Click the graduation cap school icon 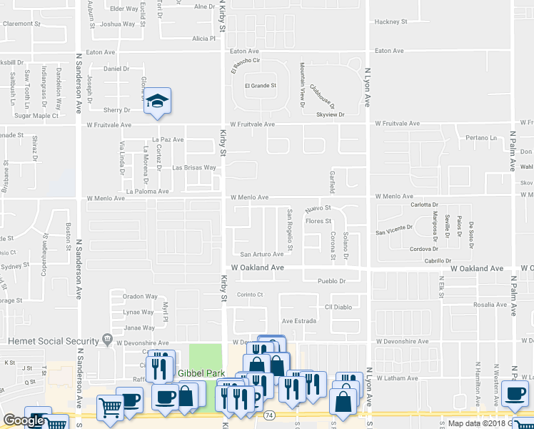pyautogui.click(x=158, y=101)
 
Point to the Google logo pyautogui.click(x=24, y=421)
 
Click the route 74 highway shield pyautogui.click(x=268, y=414)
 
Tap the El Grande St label pyautogui.click(x=261, y=86)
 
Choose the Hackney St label pyautogui.click(x=391, y=21)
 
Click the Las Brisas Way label pyautogui.click(x=194, y=168)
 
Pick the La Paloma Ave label pyautogui.click(x=147, y=192)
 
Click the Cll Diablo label pyautogui.click(x=338, y=307)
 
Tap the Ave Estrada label pyautogui.click(x=298, y=321)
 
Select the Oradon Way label pyautogui.click(x=140, y=296)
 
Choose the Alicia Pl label pyautogui.click(x=203, y=39)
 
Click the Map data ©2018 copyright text pyautogui.click(x=478, y=423)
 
